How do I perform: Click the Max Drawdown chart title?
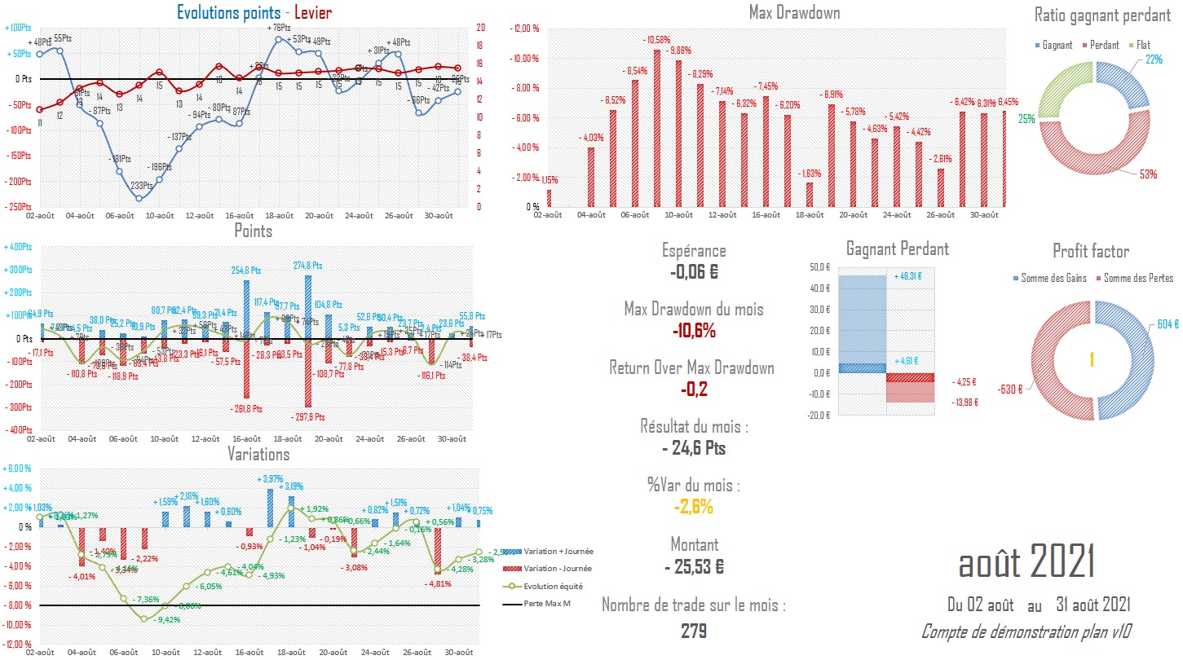click(794, 13)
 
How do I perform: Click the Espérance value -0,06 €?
click(694, 272)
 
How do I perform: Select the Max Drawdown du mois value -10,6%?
click(694, 331)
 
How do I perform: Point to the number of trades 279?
click(694, 631)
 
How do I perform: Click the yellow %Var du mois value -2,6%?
click(694, 507)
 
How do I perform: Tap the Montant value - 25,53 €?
click(694, 565)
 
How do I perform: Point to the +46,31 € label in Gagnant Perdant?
click(908, 276)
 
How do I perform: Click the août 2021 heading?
click(1026, 563)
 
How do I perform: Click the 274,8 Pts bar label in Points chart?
click(314, 266)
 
